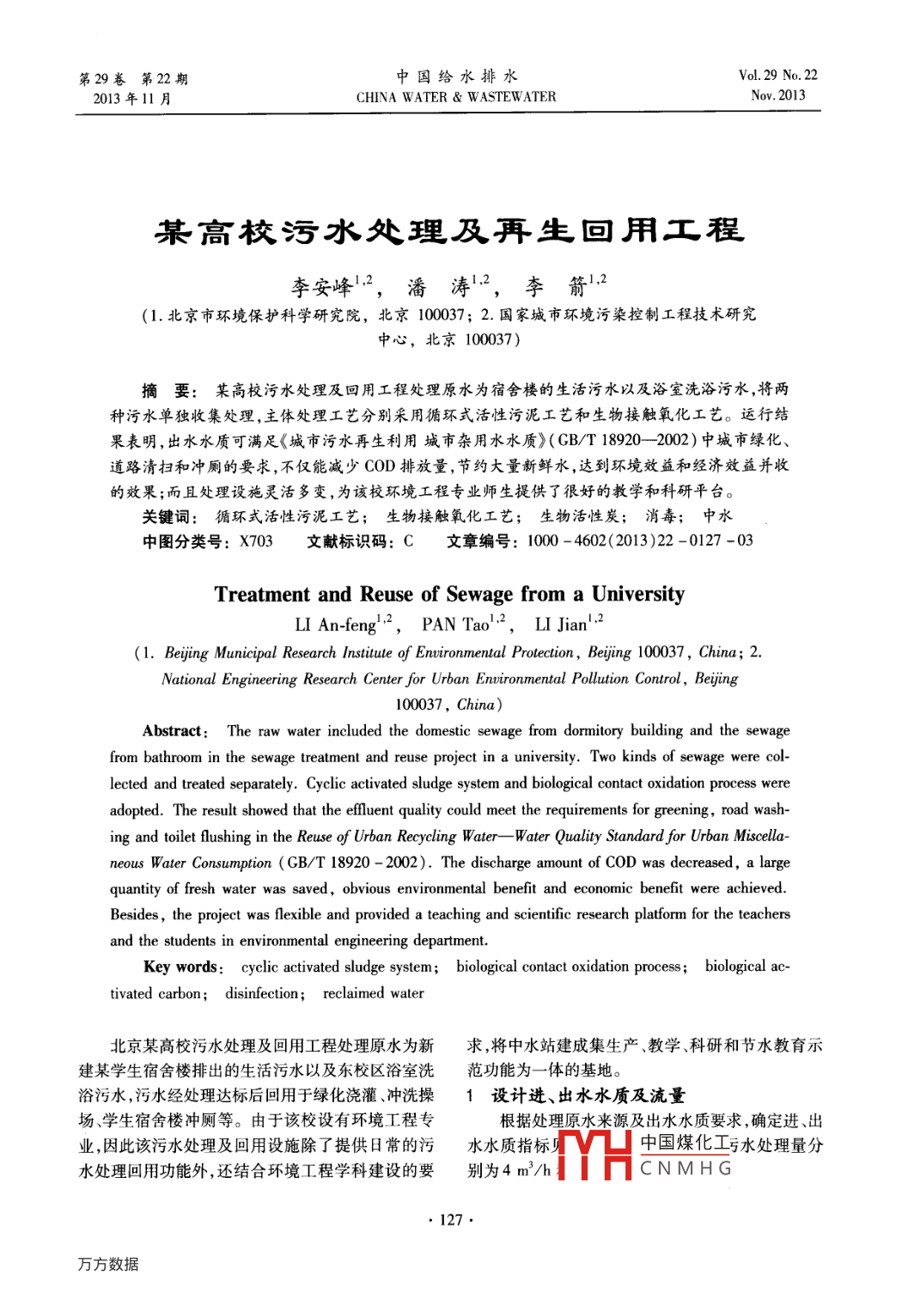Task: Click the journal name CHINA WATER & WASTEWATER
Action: click(456, 97)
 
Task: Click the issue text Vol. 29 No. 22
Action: click(777, 76)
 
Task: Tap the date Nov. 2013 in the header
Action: click(777, 95)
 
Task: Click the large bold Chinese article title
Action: click(449, 231)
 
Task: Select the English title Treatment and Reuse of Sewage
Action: click(449, 595)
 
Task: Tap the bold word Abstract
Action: click(173, 731)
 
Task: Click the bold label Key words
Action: click(181, 967)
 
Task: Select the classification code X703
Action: click(256, 541)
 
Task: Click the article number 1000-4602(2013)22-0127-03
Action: click(639, 541)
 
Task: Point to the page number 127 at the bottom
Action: click(451, 1220)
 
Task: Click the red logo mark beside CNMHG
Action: click(594, 1156)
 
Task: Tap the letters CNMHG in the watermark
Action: click(686, 1168)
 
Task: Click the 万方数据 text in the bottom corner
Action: click(108, 1264)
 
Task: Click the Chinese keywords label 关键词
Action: click(168, 516)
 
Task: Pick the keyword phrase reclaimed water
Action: click(373, 993)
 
